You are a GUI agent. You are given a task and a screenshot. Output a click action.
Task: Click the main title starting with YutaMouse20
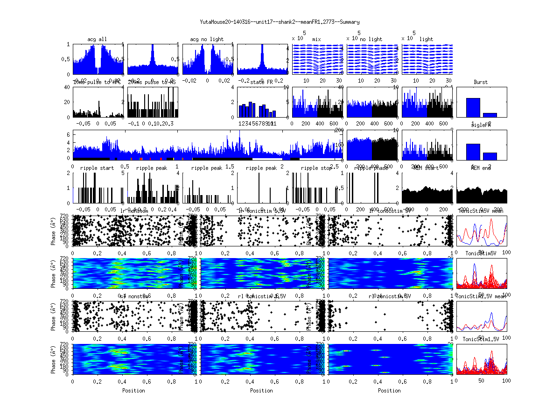click(280, 22)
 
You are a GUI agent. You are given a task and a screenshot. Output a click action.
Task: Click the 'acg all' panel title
click(97, 39)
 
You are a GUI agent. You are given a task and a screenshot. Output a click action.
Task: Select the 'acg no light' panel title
click(207, 39)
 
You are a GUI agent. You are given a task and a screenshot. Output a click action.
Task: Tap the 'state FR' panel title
click(262, 82)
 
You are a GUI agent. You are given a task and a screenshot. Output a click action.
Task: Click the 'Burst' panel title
click(481, 82)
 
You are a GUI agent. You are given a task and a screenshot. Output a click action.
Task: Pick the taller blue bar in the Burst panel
click(473, 107)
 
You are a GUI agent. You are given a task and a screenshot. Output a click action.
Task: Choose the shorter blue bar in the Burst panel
click(490, 115)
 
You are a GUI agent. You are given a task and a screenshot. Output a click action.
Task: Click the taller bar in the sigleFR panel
click(473, 152)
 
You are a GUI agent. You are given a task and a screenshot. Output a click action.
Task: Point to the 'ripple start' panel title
click(97, 168)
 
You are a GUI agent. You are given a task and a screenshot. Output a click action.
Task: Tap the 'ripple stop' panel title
click(316, 168)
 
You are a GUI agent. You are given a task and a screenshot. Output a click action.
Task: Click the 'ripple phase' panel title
click(371, 168)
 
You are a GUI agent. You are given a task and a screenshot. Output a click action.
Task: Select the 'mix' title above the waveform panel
click(317, 39)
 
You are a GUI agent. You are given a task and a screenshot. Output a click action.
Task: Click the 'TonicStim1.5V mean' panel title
click(481, 297)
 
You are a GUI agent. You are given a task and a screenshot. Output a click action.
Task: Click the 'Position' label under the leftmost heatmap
click(133, 391)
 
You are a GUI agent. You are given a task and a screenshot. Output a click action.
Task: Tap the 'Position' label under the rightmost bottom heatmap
click(390, 391)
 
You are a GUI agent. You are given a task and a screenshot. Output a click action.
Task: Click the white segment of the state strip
click(271, 159)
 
